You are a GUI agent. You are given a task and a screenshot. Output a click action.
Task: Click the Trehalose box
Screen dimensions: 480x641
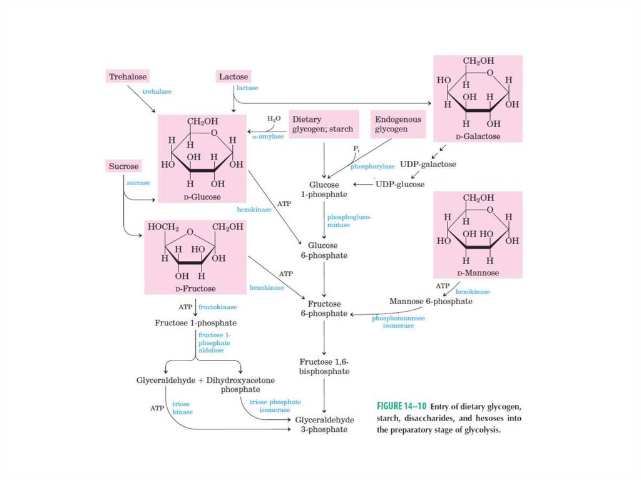pyautogui.click(x=128, y=77)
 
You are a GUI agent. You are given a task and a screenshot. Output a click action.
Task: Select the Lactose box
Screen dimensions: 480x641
pyautogui.click(x=233, y=77)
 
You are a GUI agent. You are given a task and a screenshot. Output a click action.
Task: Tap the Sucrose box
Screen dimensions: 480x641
pyautogui.click(x=123, y=166)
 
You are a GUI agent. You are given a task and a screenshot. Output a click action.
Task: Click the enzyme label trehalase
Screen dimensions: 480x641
pyautogui.click(x=157, y=91)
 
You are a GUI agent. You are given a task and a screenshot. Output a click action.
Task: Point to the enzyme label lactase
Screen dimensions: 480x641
pyautogui.click(x=247, y=88)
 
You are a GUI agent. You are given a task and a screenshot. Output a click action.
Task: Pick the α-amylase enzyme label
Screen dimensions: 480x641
pyautogui.click(x=268, y=136)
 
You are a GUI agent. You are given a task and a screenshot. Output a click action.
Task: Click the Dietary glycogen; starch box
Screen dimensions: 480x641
pyautogui.click(x=323, y=124)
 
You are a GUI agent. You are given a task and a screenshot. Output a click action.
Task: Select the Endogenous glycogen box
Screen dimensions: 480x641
pyautogui.click(x=398, y=124)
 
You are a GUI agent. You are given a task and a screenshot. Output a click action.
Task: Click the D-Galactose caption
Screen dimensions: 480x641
pyautogui.click(x=478, y=136)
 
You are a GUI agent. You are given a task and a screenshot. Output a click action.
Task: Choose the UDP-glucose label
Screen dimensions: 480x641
pyautogui.click(x=399, y=185)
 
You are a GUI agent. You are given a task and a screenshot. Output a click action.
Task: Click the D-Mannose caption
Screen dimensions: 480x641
pyautogui.click(x=478, y=273)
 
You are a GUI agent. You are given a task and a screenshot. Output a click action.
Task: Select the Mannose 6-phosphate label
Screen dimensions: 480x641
pyautogui.click(x=431, y=301)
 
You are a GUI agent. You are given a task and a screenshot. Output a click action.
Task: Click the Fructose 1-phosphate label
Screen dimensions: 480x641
pyautogui.click(x=195, y=323)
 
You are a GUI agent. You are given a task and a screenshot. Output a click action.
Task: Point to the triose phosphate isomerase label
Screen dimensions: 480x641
pyautogui.click(x=275, y=406)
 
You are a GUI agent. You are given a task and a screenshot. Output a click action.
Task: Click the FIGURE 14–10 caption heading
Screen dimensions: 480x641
pyautogui.click(x=402, y=404)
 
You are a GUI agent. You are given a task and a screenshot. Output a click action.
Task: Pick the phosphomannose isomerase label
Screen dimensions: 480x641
pyautogui.click(x=398, y=322)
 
